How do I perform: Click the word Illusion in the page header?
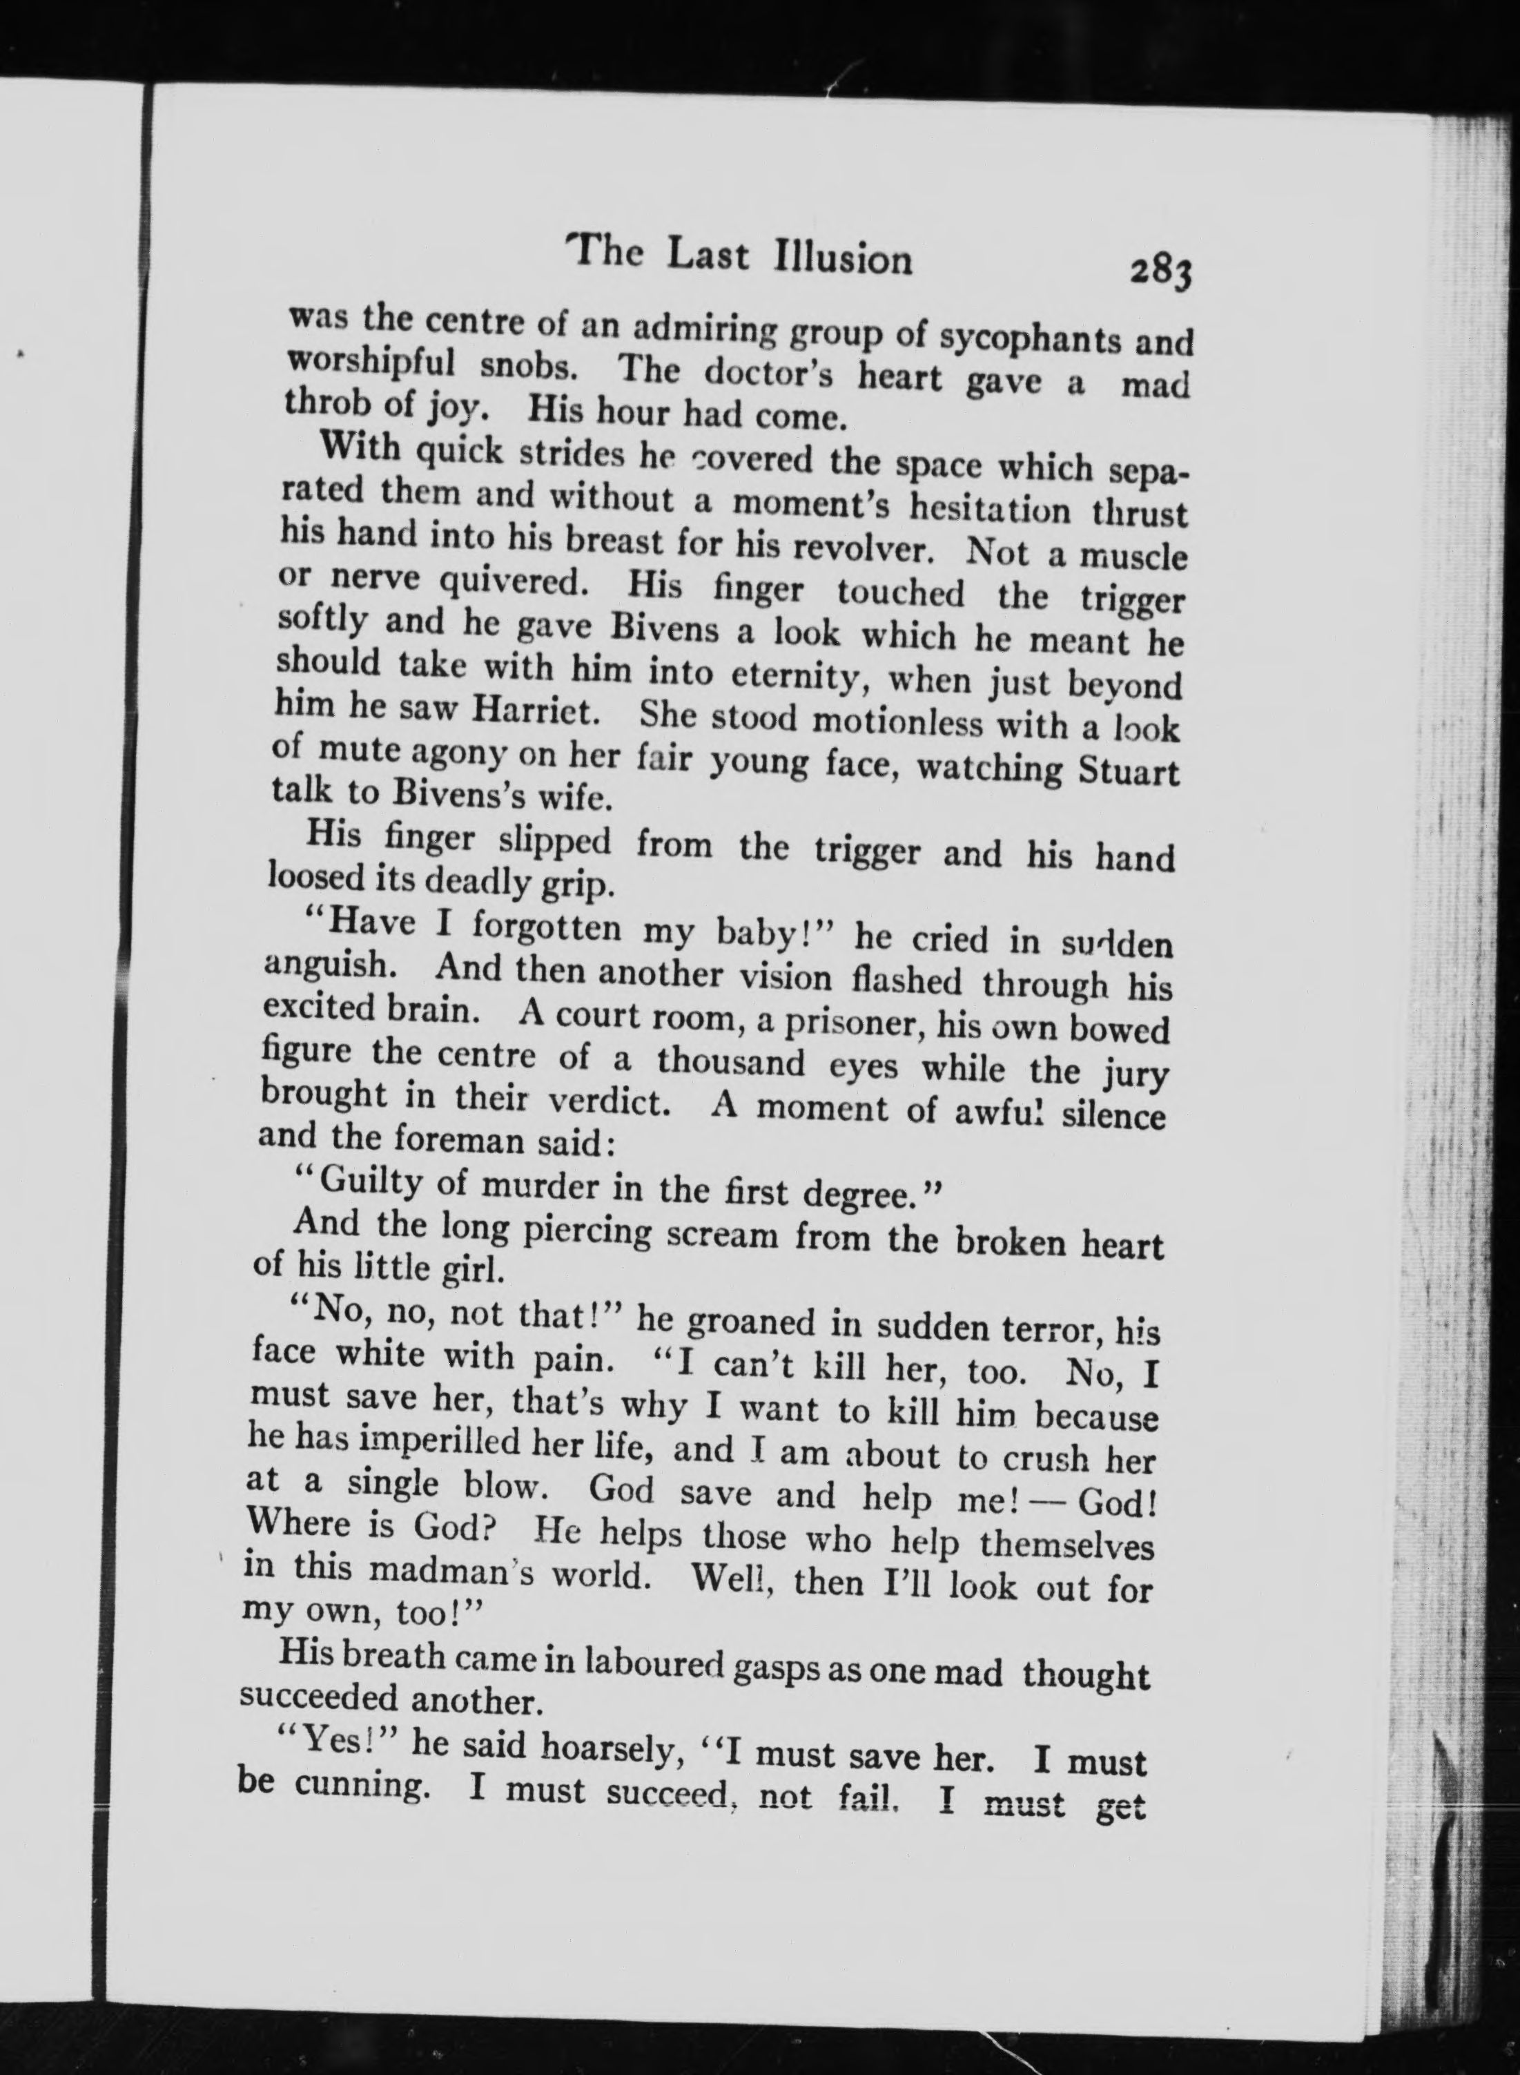[x=844, y=260]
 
